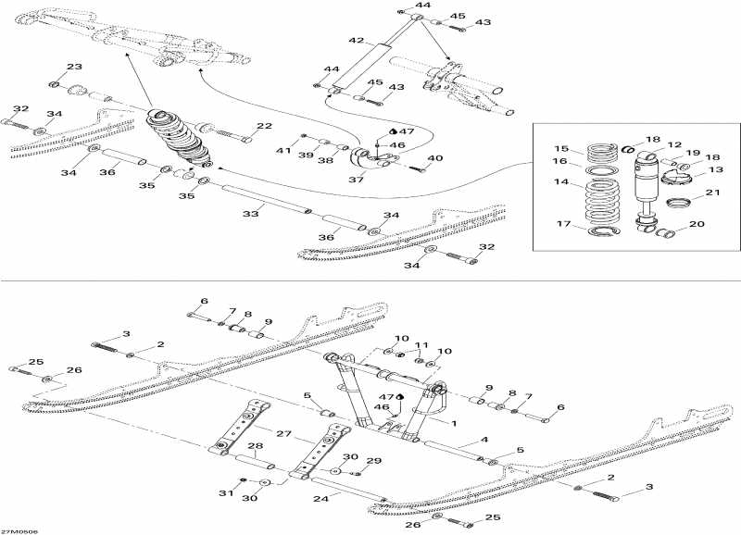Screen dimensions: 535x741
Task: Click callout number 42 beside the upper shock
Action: pos(356,41)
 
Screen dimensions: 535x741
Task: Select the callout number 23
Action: pos(74,67)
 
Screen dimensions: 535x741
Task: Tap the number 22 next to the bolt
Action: pos(264,127)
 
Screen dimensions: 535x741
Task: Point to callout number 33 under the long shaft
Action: pos(248,213)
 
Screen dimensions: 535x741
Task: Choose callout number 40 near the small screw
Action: pos(434,158)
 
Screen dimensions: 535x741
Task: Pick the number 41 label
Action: pos(283,149)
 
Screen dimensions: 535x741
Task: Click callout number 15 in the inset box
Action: pos(560,149)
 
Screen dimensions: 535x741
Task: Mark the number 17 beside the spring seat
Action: pos(560,223)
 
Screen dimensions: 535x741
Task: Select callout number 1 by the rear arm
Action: pos(454,422)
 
